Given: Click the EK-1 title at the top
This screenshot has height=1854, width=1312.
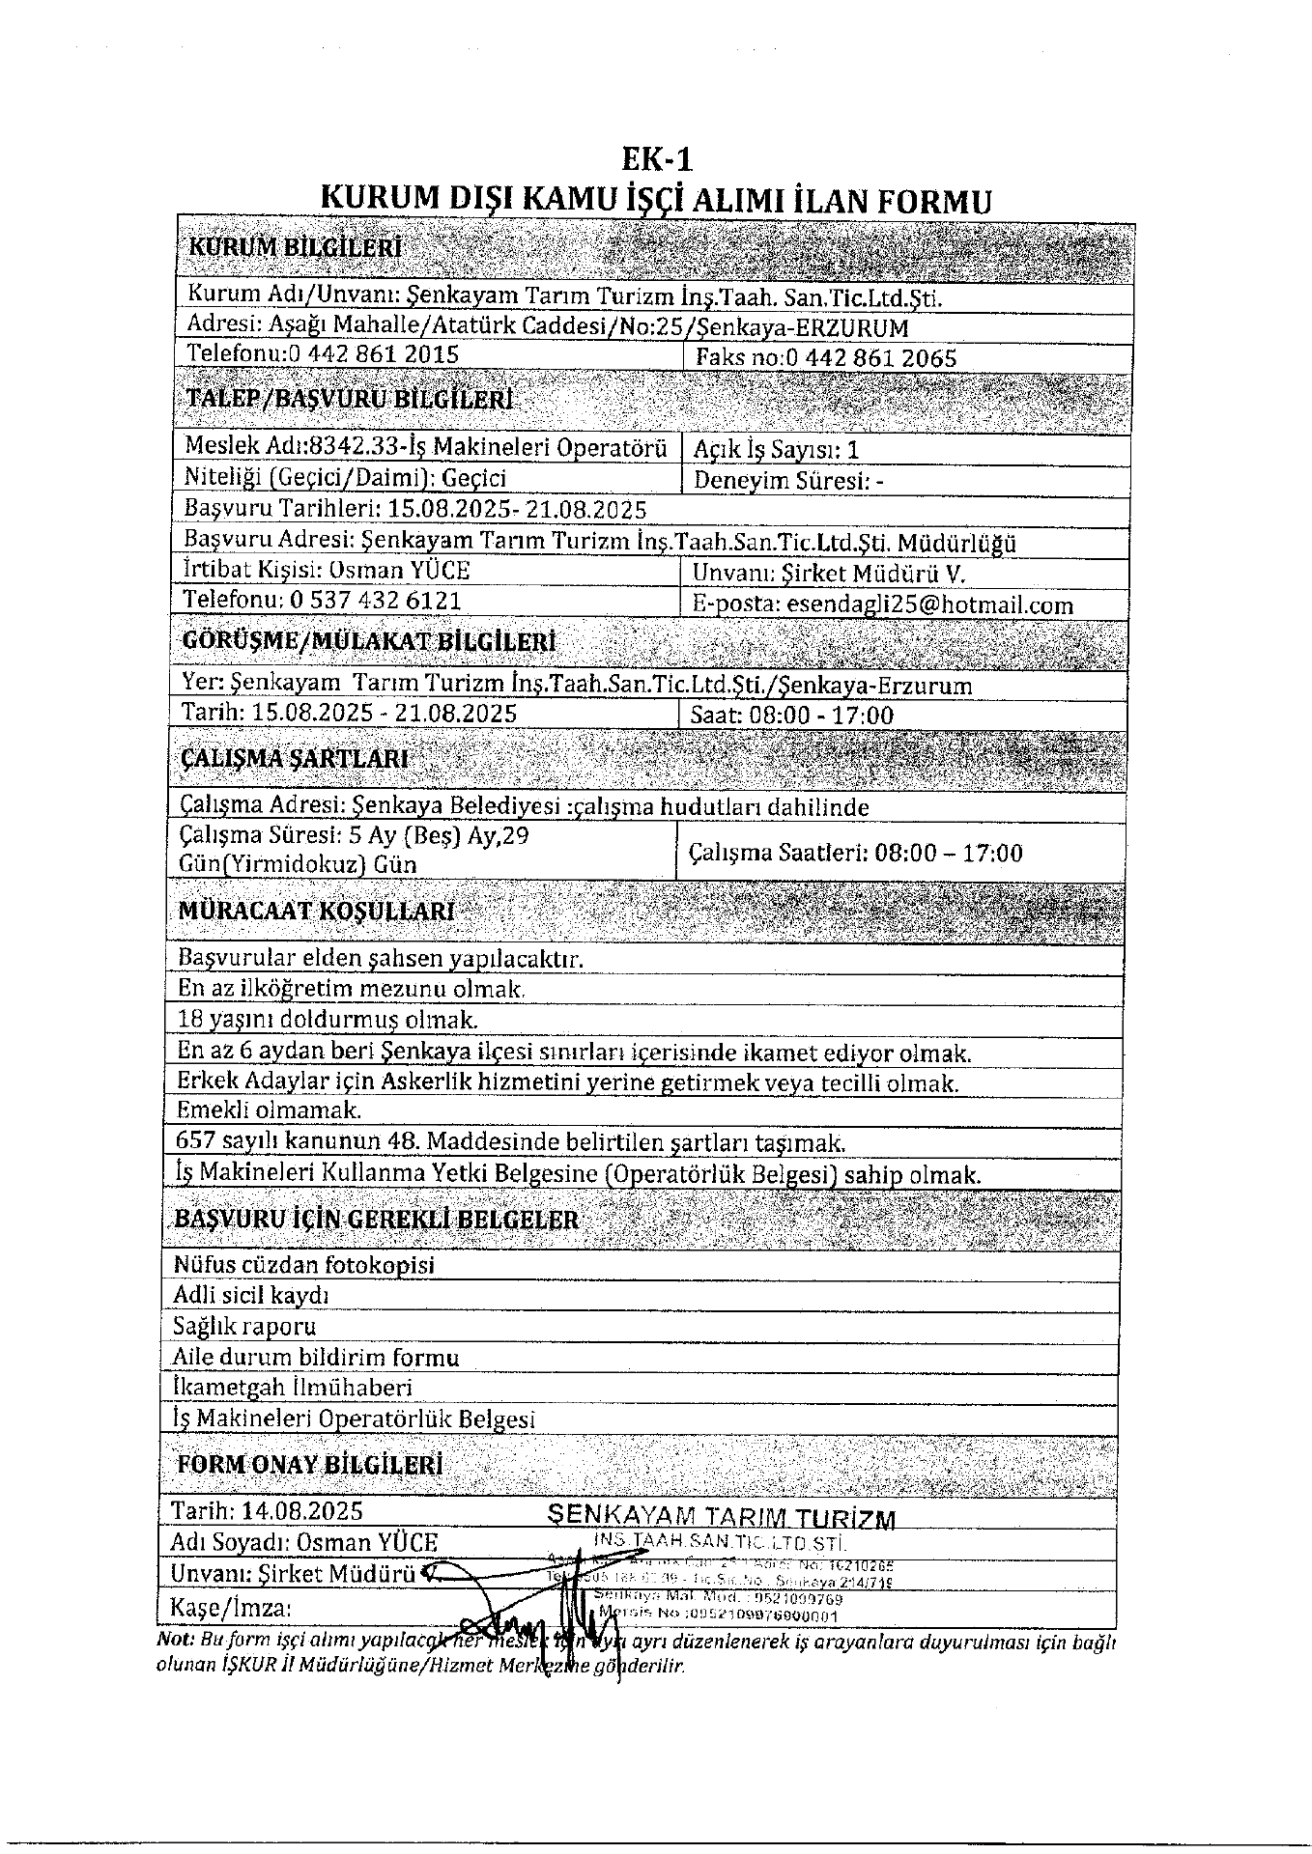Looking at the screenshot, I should click(656, 158).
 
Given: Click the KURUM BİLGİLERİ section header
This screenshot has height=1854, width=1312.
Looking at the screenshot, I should click(295, 247).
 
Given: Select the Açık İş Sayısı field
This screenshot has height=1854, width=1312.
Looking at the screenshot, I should click(776, 450).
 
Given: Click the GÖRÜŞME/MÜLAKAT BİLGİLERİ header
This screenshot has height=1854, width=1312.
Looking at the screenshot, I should click(368, 643).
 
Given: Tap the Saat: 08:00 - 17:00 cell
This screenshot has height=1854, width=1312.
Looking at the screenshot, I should click(791, 716).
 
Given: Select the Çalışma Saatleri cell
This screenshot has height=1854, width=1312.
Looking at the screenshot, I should click(855, 854).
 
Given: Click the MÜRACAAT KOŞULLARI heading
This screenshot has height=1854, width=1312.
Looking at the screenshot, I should click(317, 912).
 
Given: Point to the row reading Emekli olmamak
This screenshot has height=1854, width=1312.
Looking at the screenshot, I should click(270, 1111).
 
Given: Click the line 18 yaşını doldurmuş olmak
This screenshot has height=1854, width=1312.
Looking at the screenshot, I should click(328, 1020).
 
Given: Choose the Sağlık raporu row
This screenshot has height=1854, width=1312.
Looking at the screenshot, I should click(244, 1327).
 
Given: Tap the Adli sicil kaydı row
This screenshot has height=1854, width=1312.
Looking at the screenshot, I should click(251, 1296).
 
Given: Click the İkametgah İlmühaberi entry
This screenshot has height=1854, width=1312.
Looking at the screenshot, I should click(293, 1389).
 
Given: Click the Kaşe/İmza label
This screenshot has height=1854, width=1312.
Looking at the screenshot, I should click(230, 1610).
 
